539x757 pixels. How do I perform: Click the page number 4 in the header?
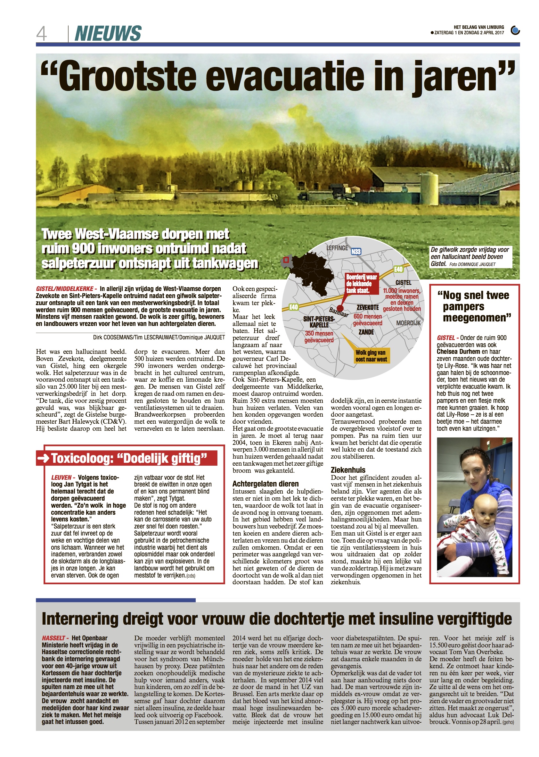click(x=42, y=34)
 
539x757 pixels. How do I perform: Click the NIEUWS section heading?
click(x=108, y=34)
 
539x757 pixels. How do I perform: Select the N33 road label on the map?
click(x=356, y=252)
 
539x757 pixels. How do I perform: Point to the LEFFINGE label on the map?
click(x=337, y=248)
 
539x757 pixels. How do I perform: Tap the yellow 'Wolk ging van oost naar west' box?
click(x=371, y=356)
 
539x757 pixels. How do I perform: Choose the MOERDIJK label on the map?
click(x=408, y=323)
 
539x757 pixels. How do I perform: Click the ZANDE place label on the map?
click(x=366, y=332)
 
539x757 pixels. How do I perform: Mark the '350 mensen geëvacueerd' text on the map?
click(x=319, y=337)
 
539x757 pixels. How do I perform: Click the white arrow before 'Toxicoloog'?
click(x=44, y=458)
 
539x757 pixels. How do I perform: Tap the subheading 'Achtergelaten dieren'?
click(x=265, y=484)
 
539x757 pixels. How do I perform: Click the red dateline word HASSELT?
click(x=53, y=638)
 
